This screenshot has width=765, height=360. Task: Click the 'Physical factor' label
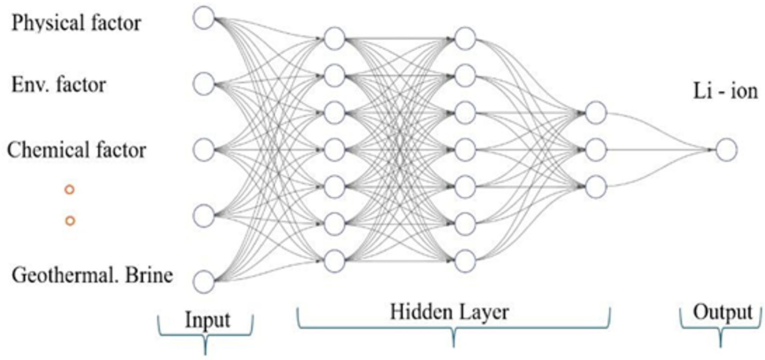pyautogui.click(x=76, y=23)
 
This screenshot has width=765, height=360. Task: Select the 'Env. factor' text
pyautogui.click(x=59, y=84)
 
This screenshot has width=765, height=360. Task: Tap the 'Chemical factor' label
pyautogui.click(x=76, y=150)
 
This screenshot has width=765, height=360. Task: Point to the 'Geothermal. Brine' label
pyautogui.click(x=92, y=275)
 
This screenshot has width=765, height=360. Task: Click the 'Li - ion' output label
pyautogui.click(x=725, y=91)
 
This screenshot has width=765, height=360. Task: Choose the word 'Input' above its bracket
pyautogui.click(x=207, y=320)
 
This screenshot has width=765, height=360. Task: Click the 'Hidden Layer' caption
pyautogui.click(x=449, y=312)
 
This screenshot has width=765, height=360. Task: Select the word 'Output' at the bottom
pyautogui.click(x=722, y=312)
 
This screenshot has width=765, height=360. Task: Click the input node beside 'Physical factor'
pyautogui.click(x=204, y=18)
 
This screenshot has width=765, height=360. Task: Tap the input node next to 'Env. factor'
pyautogui.click(x=204, y=84)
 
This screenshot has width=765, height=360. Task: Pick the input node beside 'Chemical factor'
pyautogui.click(x=204, y=150)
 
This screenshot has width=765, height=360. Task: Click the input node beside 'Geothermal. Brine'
pyautogui.click(x=204, y=281)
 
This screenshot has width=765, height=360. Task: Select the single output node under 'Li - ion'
pyautogui.click(x=726, y=150)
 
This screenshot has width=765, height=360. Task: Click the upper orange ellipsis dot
pyautogui.click(x=69, y=190)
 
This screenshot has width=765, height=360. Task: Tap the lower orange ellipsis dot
pyautogui.click(x=70, y=220)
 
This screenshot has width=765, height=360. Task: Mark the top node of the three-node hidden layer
pyautogui.click(x=596, y=113)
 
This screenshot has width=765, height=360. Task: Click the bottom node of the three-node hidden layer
pyautogui.click(x=596, y=187)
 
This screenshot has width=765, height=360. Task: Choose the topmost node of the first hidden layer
pyautogui.click(x=334, y=38)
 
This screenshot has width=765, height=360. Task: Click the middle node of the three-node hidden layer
pyautogui.click(x=596, y=150)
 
